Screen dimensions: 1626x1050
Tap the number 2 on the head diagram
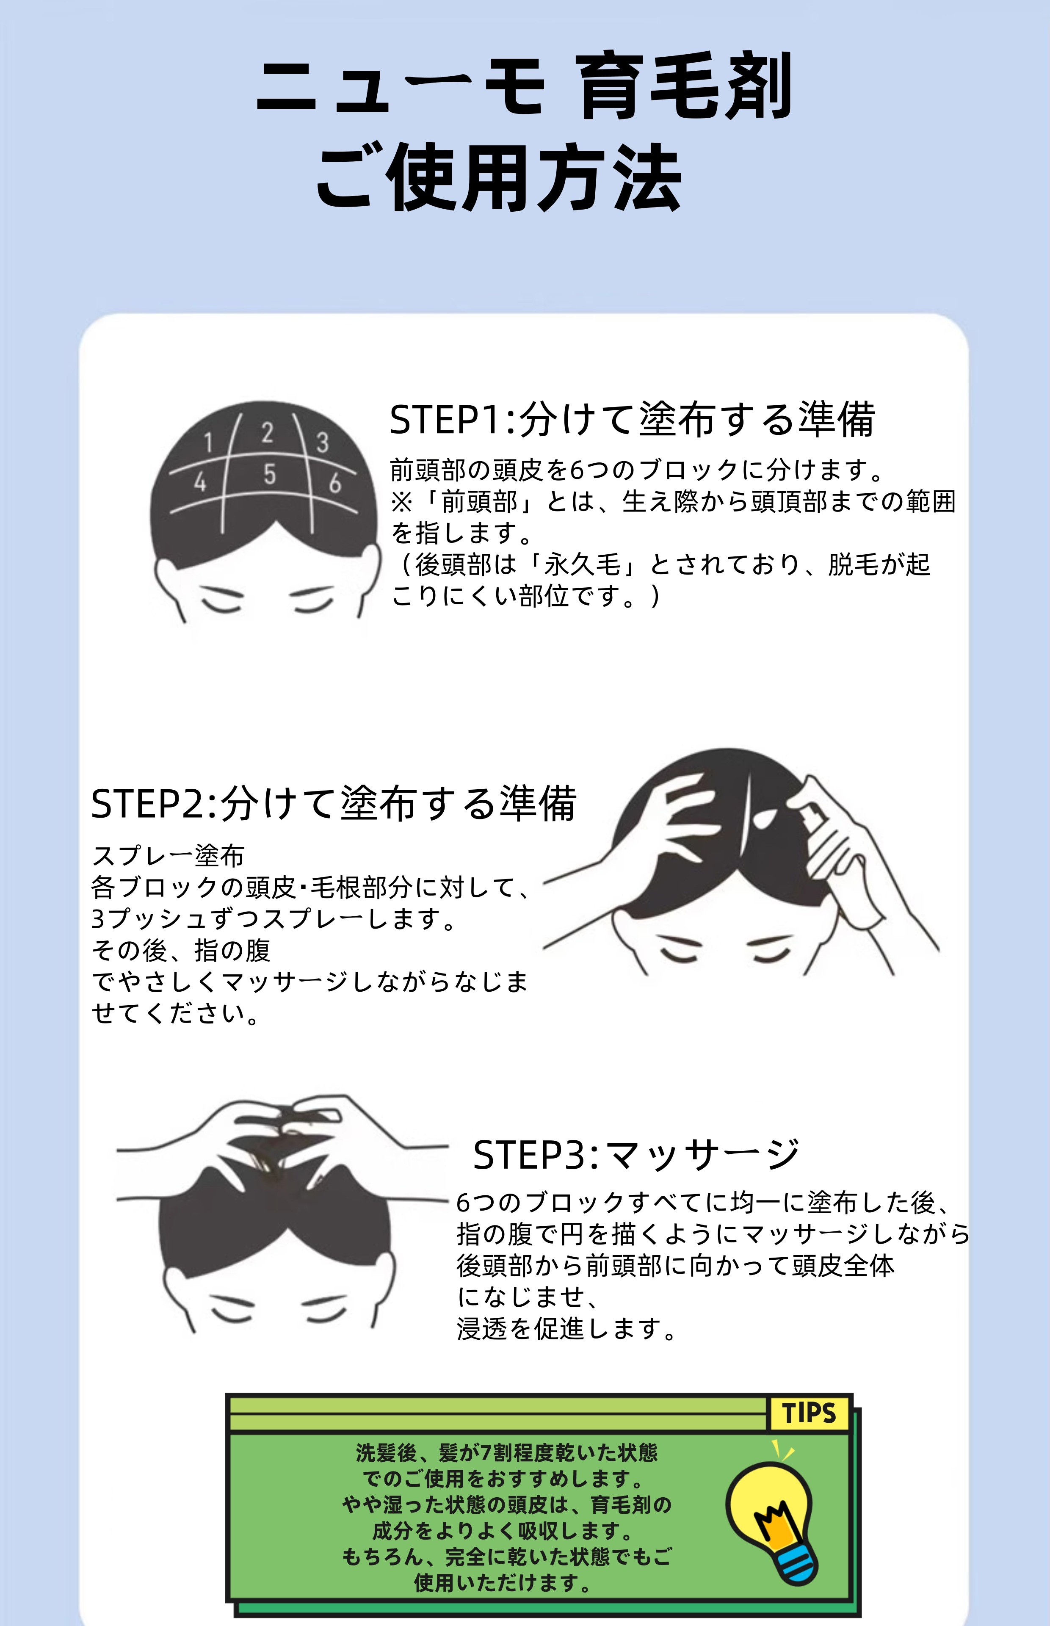tap(267, 432)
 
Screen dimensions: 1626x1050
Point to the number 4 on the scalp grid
tap(200, 482)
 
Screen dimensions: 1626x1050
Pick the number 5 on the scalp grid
tap(270, 474)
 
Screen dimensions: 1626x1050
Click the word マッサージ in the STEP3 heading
tap(702, 1155)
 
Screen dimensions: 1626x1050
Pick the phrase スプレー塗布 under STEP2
tap(168, 856)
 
